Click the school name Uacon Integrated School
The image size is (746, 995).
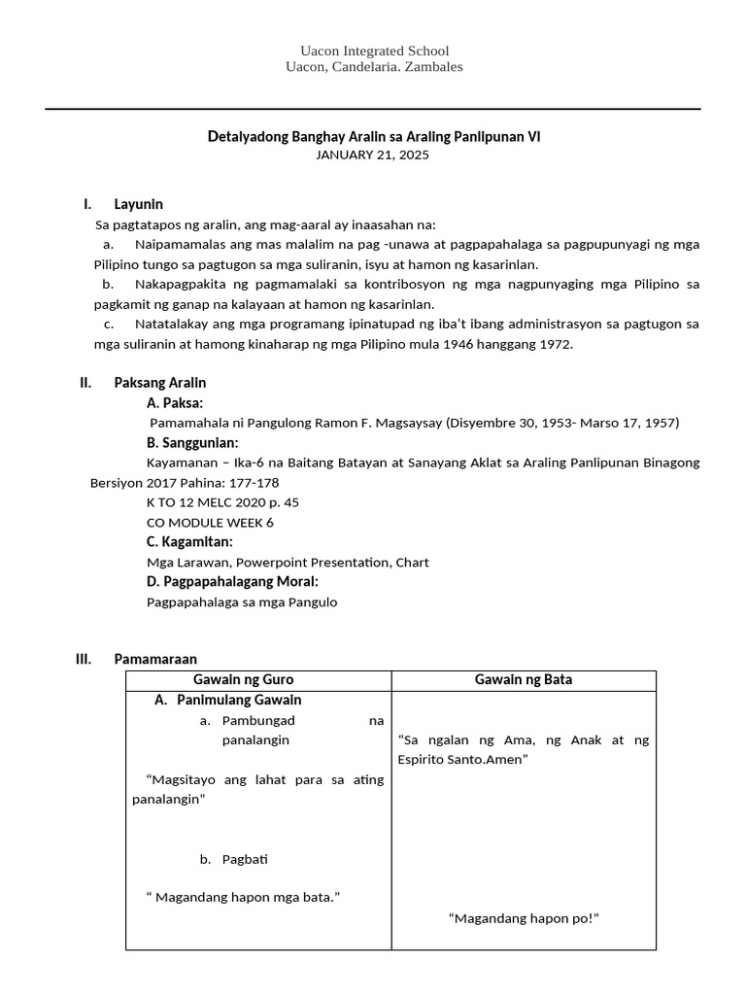click(374, 51)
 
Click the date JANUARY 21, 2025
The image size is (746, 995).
click(373, 155)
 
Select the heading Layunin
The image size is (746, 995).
click(138, 204)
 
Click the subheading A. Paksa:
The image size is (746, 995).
click(175, 402)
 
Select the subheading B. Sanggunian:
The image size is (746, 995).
click(192, 442)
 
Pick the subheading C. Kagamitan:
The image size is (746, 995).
click(189, 541)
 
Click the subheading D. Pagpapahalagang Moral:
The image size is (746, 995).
click(232, 581)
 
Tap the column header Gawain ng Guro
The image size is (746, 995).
click(257, 680)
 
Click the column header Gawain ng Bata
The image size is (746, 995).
click(523, 680)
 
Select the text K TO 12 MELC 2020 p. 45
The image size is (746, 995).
click(222, 502)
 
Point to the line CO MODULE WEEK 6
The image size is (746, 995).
click(210, 522)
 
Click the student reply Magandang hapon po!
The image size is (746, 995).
click(524, 917)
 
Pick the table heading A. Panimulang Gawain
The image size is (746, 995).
click(228, 701)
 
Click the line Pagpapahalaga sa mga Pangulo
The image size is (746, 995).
click(241, 601)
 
